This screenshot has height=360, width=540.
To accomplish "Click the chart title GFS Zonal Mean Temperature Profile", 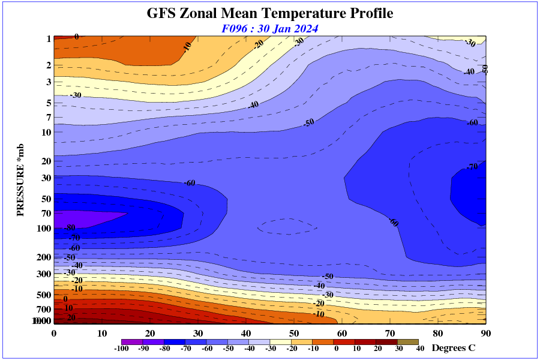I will pyautogui.click(x=270, y=13).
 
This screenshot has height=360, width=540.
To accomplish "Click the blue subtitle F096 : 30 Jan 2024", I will pyautogui.click(x=270, y=28).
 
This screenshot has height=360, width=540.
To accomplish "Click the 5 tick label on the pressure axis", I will pyautogui.click(x=49, y=103).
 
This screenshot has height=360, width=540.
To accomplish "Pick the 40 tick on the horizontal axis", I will pyautogui.click(x=246, y=334).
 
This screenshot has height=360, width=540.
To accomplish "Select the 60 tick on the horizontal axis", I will pyautogui.click(x=342, y=334).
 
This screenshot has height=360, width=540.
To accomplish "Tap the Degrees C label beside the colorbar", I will pyautogui.click(x=454, y=348).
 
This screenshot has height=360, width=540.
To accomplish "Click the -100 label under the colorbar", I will pyautogui.click(x=122, y=349).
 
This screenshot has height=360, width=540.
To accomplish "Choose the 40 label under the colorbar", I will pyautogui.click(x=420, y=349).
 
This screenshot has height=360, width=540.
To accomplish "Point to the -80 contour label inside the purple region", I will pyautogui.click(x=70, y=227).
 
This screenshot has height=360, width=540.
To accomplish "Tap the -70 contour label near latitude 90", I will pyautogui.click(x=472, y=167).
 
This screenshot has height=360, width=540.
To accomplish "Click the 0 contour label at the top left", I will pyautogui.click(x=76, y=37).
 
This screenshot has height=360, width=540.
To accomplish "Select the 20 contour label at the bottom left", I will pyautogui.click(x=71, y=317).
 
